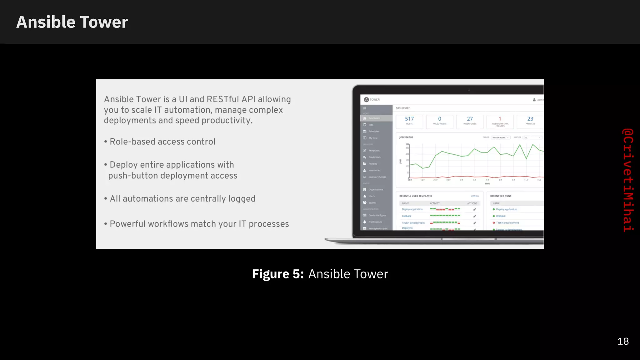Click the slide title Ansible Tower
coord(72,22)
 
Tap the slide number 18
coord(623,341)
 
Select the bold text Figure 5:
coord(277,274)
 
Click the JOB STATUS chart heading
coord(406,137)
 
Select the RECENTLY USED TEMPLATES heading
coord(416,196)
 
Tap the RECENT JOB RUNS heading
coord(501,196)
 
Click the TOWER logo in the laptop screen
coord(372,100)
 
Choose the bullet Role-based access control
coord(162,142)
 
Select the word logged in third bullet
coord(242,199)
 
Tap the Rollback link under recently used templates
coord(406,216)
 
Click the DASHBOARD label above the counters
coord(403,108)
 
